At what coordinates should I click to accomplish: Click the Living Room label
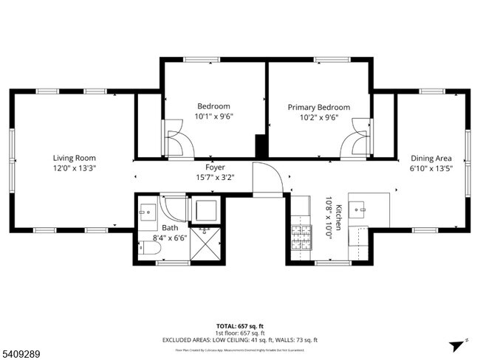click(x=74, y=157)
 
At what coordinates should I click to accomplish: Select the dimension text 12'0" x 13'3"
click(x=74, y=167)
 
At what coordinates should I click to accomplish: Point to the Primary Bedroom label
click(x=319, y=107)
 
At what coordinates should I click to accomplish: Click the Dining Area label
click(x=431, y=157)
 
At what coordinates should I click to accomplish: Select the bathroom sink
click(x=147, y=210)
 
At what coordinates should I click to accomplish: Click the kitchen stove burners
click(x=301, y=237)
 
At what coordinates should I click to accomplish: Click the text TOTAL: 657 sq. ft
click(x=240, y=325)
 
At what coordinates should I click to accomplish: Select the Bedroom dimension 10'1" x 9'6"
click(x=213, y=117)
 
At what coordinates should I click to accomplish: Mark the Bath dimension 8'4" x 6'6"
click(x=171, y=238)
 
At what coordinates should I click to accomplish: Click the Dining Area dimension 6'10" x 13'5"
click(x=431, y=167)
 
